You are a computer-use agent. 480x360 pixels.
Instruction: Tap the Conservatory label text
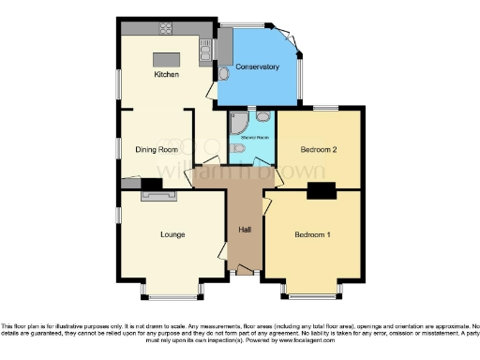[258, 67]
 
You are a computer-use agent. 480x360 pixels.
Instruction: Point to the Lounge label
[172, 233]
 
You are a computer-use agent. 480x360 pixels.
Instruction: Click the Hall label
[244, 229]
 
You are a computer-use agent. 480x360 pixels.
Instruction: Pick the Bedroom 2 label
[318, 149]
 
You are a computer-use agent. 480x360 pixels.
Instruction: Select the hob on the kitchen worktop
[205, 44]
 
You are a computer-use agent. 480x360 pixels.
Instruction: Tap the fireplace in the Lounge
[151, 196]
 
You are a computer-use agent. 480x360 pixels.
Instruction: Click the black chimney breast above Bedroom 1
[322, 192]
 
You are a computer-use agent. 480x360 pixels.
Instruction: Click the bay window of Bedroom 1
[312, 292]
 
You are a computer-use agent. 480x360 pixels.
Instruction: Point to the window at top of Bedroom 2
[325, 108]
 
